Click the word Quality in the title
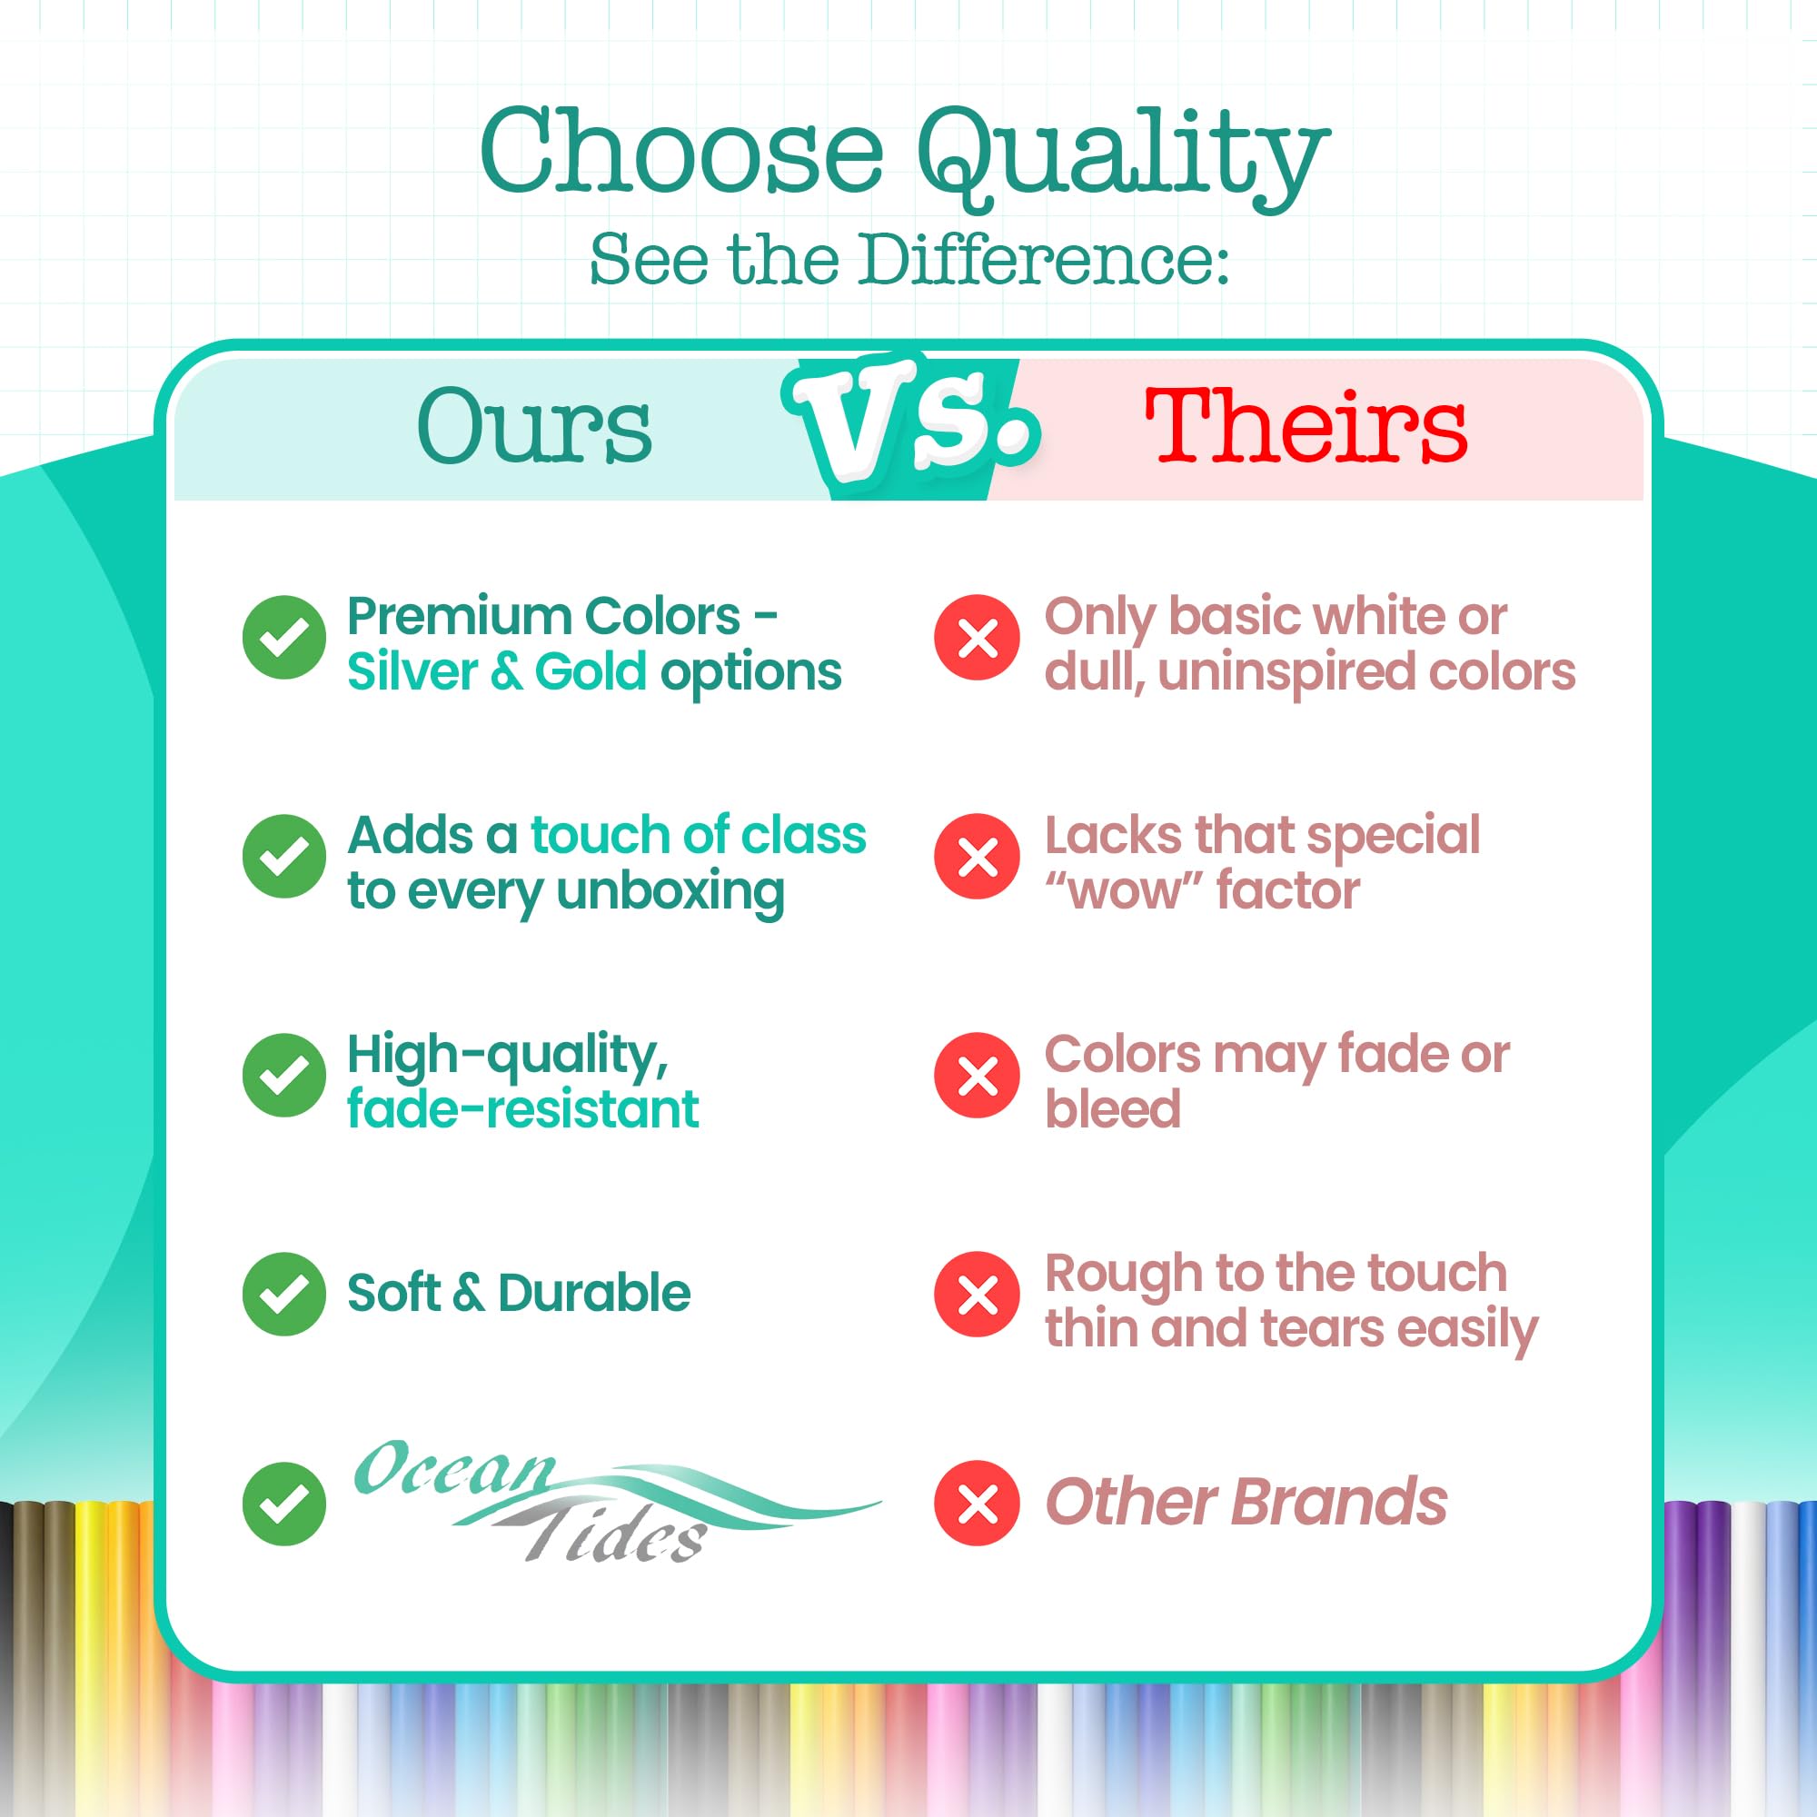[1123, 156]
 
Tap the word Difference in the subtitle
[1040, 259]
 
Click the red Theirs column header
[1306, 426]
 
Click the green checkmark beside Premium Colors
[284, 637]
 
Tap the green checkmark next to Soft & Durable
[284, 1293]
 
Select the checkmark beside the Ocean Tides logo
[284, 1503]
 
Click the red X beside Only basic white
[977, 637]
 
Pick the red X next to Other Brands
[977, 1502]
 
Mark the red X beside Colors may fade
[977, 1074]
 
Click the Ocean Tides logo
[616, 1500]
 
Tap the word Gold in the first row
[591, 671]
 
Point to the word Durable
[594, 1292]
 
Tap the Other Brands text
[1246, 1502]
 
